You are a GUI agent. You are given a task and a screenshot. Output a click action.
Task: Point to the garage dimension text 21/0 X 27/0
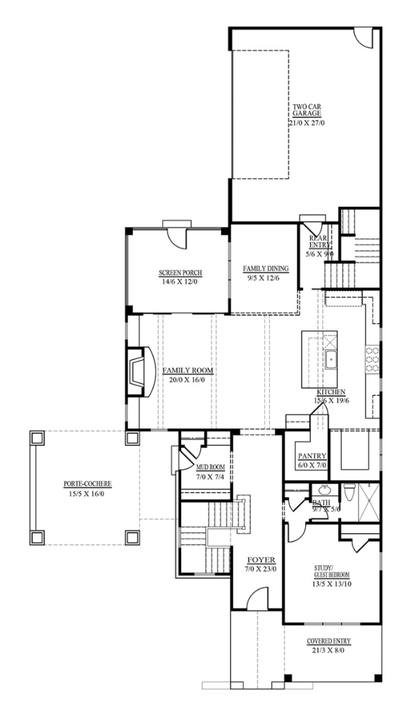click(306, 122)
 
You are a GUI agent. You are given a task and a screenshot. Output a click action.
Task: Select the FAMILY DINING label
click(265, 268)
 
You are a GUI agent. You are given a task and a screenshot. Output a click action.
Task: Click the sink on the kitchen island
click(332, 360)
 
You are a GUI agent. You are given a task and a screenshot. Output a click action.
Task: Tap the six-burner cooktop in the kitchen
click(373, 360)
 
